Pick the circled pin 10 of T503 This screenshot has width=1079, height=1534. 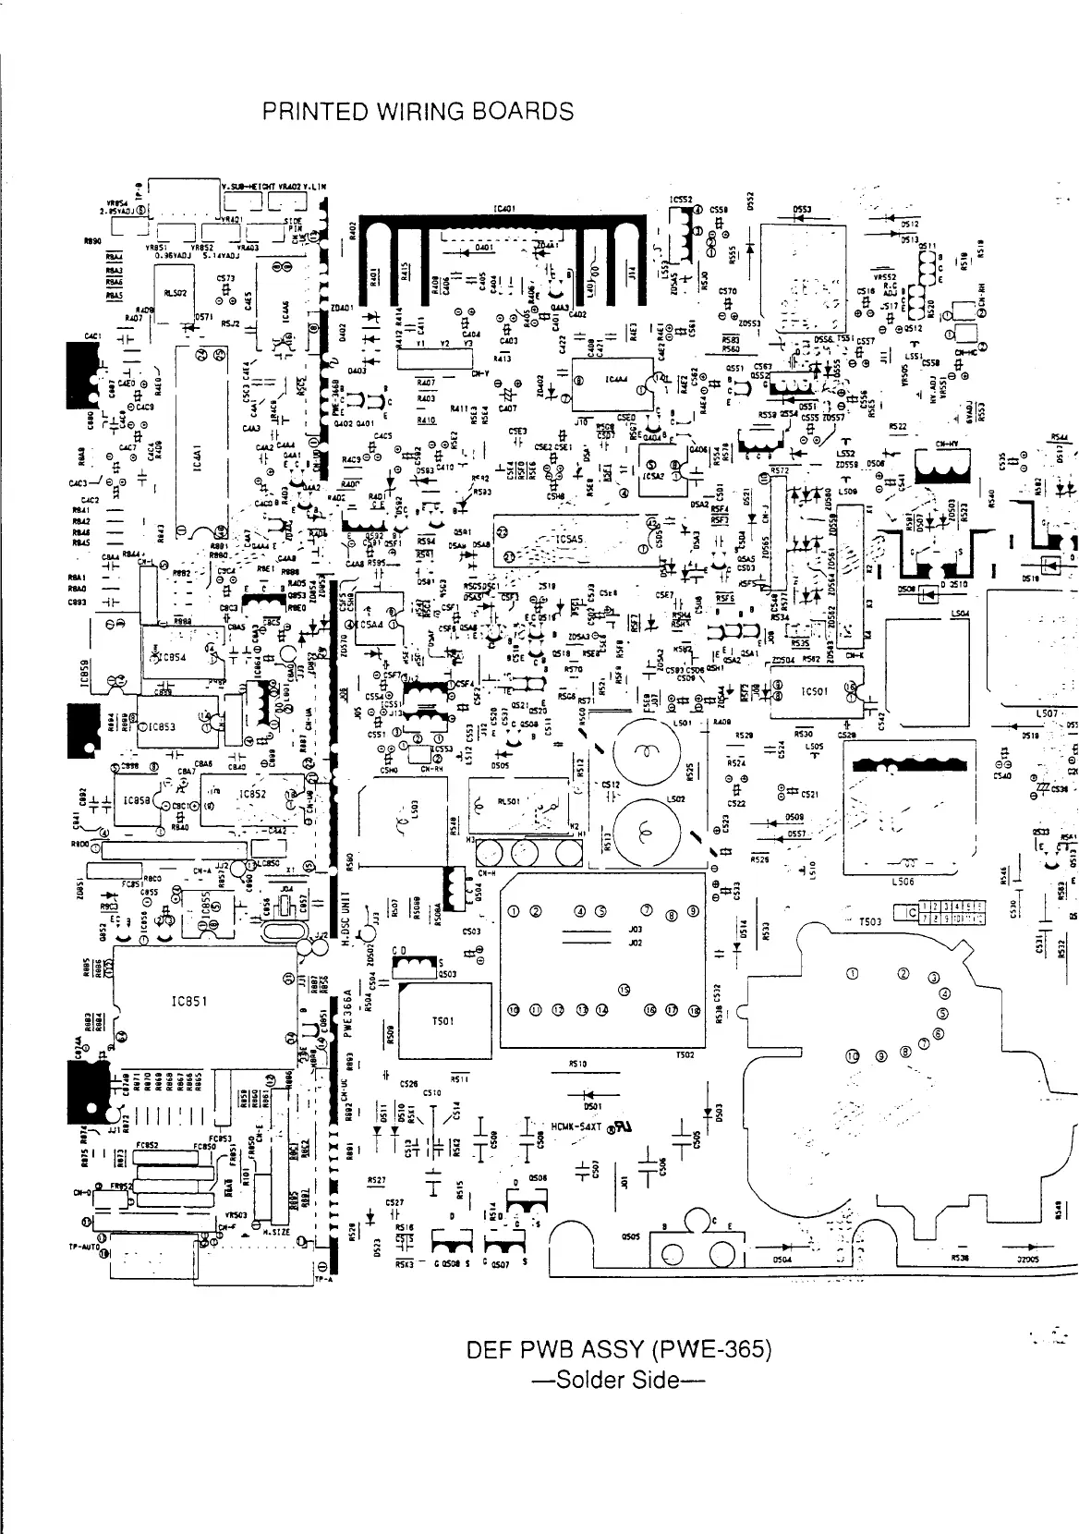pyautogui.click(x=853, y=1056)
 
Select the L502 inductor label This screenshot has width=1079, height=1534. pyautogui.click(x=675, y=800)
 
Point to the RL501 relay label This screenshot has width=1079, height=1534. pyautogui.click(x=509, y=802)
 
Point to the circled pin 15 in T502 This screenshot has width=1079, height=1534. pyautogui.click(x=624, y=991)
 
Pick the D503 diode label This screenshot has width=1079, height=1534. pyautogui.click(x=718, y=1113)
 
